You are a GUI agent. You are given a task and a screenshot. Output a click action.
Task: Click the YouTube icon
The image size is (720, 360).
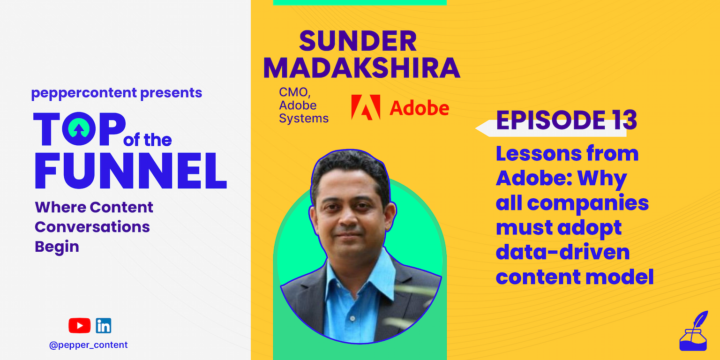(x=79, y=325)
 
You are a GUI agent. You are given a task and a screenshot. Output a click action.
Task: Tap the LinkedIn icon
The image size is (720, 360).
(x=104, y=326)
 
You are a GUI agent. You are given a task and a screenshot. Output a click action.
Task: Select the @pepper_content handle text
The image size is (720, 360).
(x=89, y=345)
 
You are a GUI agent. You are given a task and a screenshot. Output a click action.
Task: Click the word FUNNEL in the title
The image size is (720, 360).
(x=130, y=170)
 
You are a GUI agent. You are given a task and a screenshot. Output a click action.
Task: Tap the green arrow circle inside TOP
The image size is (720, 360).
(x=79, y=128)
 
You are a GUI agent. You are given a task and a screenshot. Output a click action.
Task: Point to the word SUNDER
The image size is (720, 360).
(x=358, y=41)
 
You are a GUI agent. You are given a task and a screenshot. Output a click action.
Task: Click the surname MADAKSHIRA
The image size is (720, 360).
(x=362, y=68)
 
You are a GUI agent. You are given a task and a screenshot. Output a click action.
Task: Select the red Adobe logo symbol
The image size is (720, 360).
(x=366, y=107)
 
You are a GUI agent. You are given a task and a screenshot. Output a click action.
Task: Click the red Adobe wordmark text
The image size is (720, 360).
(x=419, y=108)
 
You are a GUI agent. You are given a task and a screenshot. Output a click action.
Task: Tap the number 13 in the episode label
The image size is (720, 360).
(x=624, y=120)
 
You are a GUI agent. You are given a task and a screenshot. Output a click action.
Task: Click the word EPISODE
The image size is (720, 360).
(x=551, y=120)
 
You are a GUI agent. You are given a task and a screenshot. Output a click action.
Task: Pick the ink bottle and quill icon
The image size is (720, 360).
(x=694, y=331)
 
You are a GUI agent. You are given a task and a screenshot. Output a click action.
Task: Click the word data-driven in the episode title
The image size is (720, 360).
(x=563, y=252)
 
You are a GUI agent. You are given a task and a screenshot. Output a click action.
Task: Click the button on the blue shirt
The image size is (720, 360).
(x=352, y=318)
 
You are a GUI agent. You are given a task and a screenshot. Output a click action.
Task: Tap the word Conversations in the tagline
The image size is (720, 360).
(x=92, y=227)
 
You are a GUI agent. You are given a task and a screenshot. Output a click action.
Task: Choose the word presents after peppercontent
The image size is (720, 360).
(x=171, y=93)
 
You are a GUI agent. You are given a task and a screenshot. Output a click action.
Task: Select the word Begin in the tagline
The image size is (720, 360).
(x=57, y=247)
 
